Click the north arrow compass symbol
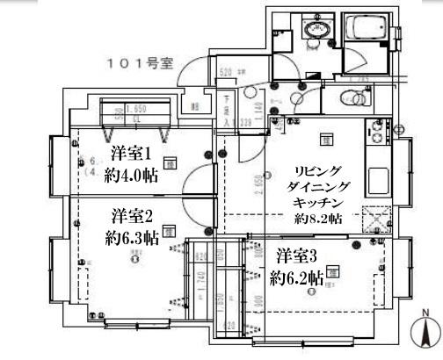tap(426, 333)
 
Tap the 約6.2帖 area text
tap(296, 278)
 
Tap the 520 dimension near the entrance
tap(225, 73)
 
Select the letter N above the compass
tap(425, 313)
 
